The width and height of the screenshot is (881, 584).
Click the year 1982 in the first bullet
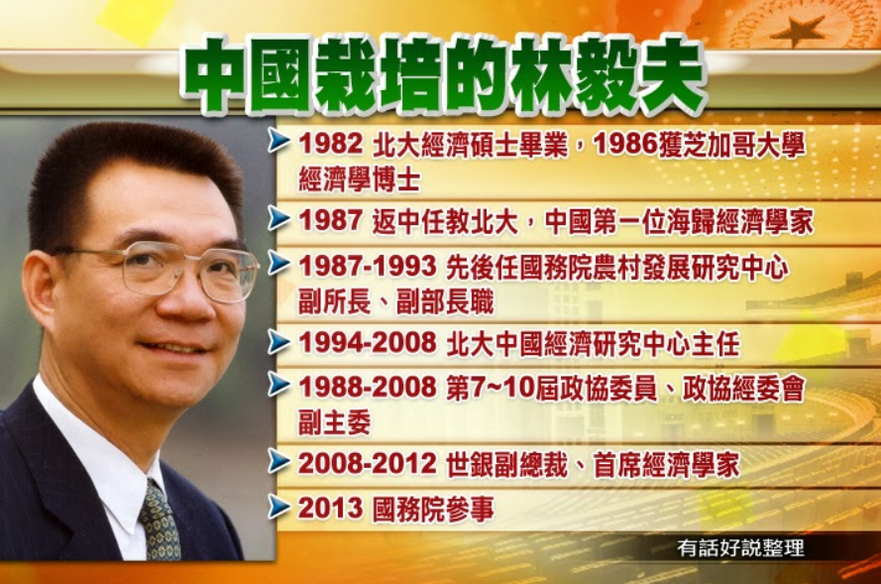tap(331, 145)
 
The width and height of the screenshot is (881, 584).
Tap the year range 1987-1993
tap(368, 267)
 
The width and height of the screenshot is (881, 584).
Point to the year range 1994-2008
tap(368, 342)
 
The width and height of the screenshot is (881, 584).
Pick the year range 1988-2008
tap(368, 387)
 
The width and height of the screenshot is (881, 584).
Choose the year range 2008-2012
tap(368, 464)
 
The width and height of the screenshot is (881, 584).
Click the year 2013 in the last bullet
tap(331, 508)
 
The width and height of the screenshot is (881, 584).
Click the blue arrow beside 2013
tap(278, 507)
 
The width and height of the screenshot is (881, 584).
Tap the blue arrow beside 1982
tap(278, 142)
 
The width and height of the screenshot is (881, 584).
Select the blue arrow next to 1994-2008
tap(278, 341)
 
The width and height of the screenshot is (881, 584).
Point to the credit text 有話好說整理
tap(740, 548)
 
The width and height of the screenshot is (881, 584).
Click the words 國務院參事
tap(433, 510)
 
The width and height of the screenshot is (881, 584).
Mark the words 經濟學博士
tap(360, 179)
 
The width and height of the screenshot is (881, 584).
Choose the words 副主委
tap(335, 422)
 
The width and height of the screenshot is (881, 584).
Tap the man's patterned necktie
tap(161, 523)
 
